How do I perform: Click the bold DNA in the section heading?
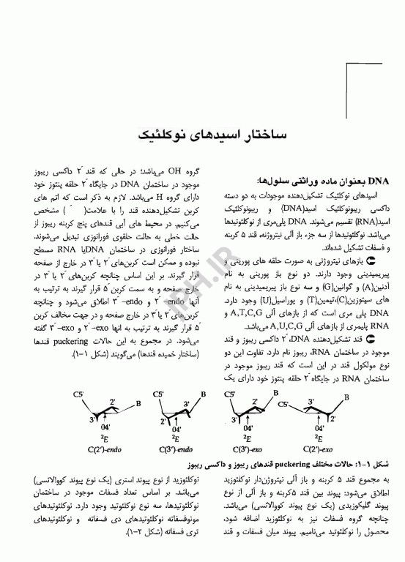pyautogui.click(x=376, y=179)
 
